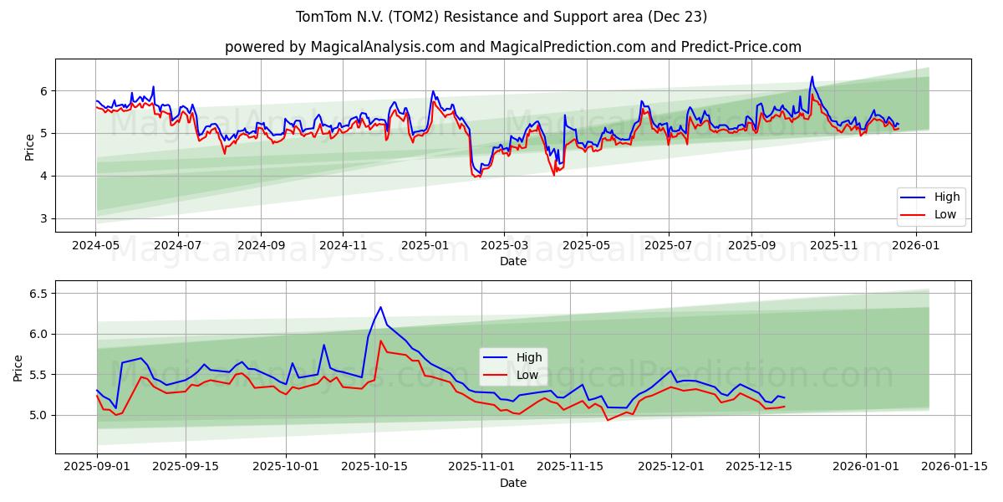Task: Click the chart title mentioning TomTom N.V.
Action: (501, 17)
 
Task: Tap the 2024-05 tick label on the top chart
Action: (96, 246)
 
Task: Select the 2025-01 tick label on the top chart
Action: (425, 246)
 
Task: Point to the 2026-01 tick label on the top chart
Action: (918, 246)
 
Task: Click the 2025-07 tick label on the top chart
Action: (668, 246)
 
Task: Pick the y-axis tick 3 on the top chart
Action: (43, 219)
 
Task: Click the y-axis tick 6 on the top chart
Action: (43, 91)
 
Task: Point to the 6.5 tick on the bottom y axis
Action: (38, 294)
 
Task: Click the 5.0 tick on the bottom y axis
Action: (38, 415)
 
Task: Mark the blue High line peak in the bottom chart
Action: (380, 307)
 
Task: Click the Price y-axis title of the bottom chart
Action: (18, 367)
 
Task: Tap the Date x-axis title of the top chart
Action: (512, 261)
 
